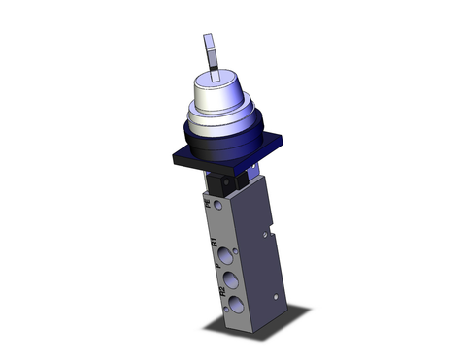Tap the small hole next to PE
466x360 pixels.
(x=218, y=205)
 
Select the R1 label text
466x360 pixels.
(x=214, y=242)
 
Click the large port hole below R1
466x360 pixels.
(x=224, y=255)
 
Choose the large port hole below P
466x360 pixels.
(x=230, y=279)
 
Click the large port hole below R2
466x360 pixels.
(x=235, y=303)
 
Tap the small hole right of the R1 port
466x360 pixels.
(x=235, y=251)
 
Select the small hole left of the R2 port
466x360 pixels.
(x=226, y=309)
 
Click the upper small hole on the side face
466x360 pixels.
(x=265, y=233)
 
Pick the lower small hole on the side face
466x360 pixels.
(x=276, y=297)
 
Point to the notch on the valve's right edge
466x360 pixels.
(x=271, y=227)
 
